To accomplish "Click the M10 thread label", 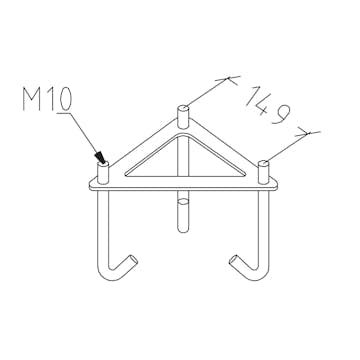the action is tap(47, 99).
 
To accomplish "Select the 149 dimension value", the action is tap(268, 105).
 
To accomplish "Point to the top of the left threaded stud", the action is tap(103, 163).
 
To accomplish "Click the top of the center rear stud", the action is tap(183, 108).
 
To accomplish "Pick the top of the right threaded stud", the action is tap(264, 163).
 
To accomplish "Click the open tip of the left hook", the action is tap(134, 259).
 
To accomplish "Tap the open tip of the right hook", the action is tap(233, 259).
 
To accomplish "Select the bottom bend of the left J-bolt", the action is tap(109, 276).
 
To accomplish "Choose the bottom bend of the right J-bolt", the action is tap(258, 276).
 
